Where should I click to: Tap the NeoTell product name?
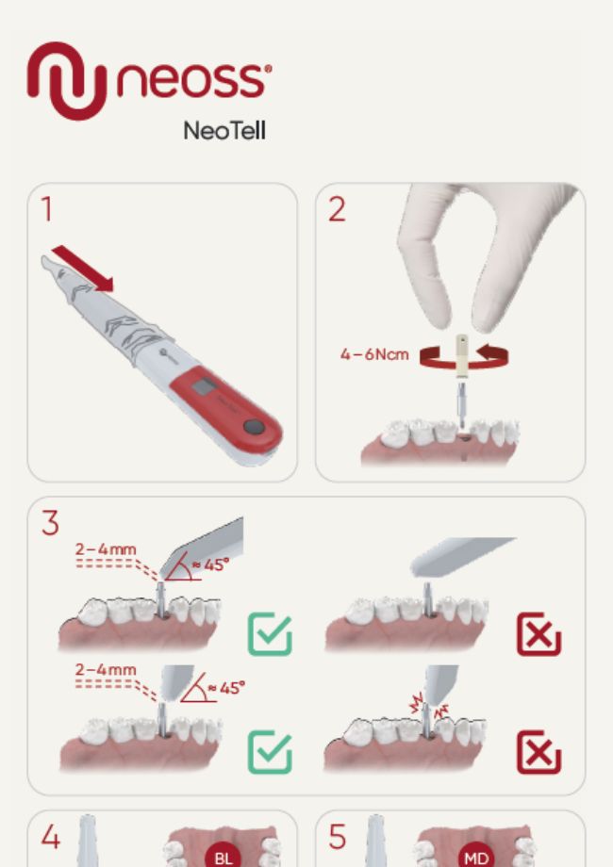[x=224, y=131]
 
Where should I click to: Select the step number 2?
[x=336, y=209]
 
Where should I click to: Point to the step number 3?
[x=50, y=521]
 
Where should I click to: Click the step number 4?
[x=50, y=836]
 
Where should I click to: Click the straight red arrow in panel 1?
[x=83, y=268]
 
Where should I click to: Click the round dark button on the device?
[x=254, y=427]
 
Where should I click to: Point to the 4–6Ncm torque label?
[x=374, y=355]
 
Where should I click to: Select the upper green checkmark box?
[x=270, y=634]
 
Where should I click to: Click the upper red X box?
[x=538, y=634]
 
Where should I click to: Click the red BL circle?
[x=224, y=857]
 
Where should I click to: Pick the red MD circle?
[x=475, y=857]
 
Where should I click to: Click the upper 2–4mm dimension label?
[x=106, y=548]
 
